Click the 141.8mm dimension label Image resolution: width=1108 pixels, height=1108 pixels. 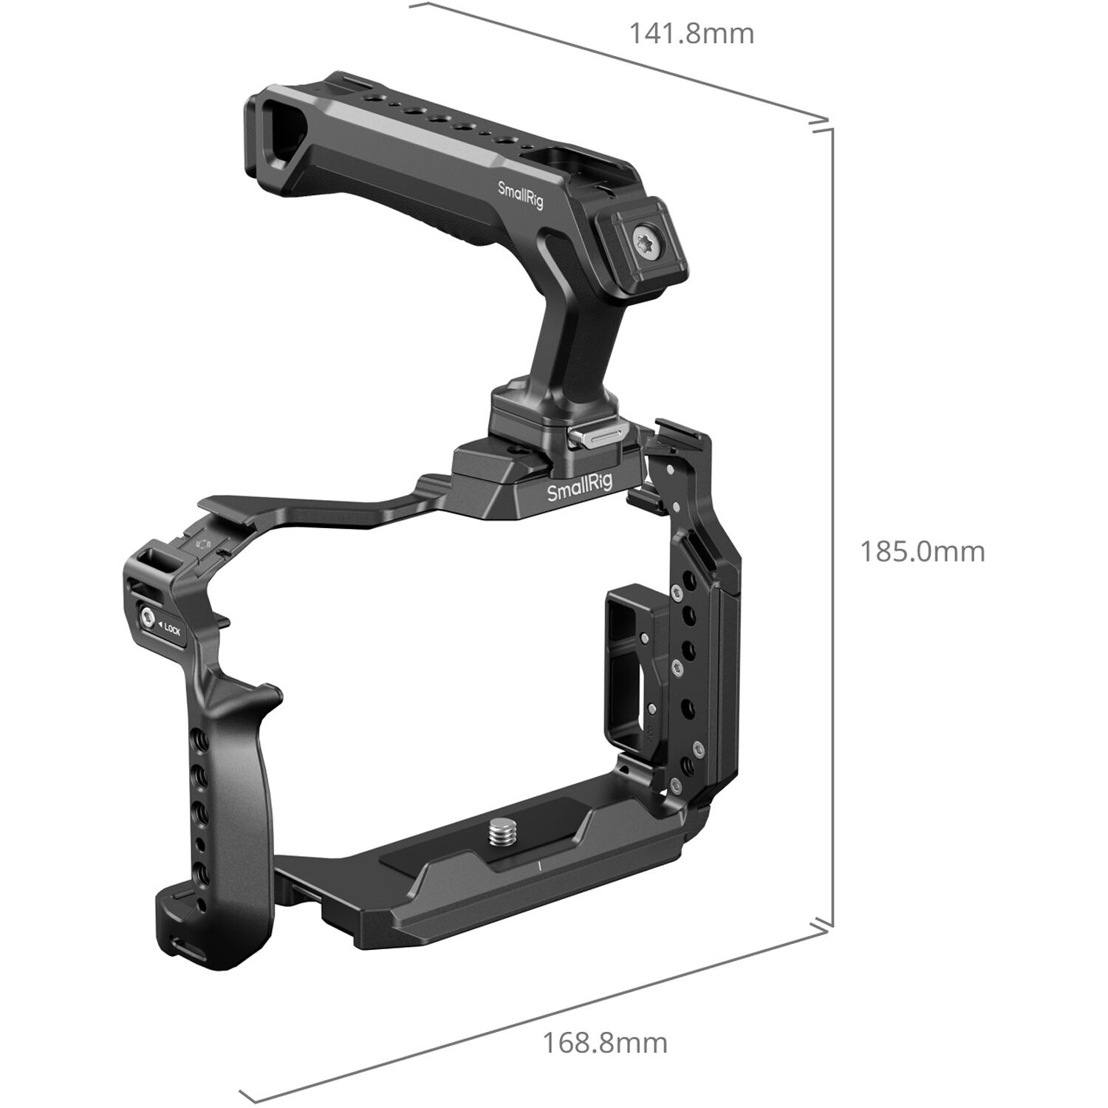[x=691, y=34]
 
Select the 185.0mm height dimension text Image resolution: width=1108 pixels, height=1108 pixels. [x=922, y=552]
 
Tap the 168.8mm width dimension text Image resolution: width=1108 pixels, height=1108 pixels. [x=605, y=1043]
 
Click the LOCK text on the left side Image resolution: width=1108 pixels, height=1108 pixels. [x=171, y=630]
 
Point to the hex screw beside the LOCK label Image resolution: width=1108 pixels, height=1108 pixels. [x=148, y=617]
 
